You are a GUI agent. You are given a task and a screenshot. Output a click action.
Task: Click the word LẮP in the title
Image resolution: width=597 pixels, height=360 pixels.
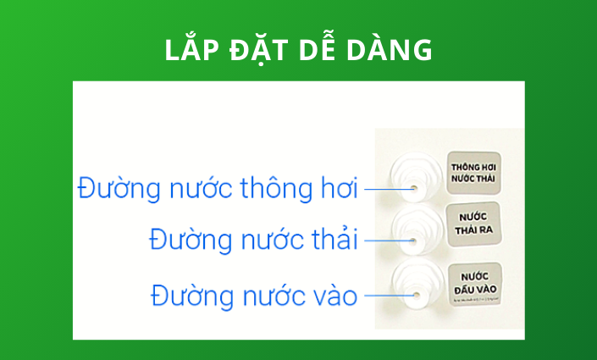[191, 50]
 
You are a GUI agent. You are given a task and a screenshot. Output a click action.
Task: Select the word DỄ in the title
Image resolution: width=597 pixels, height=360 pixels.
[321, 50]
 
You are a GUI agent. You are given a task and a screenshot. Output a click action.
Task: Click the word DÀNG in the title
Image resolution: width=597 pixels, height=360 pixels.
[394, 50]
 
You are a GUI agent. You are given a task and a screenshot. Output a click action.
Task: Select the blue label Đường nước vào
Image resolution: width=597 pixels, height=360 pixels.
[254, 296]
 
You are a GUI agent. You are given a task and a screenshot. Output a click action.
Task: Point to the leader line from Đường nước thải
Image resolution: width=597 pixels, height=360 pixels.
[386, 241]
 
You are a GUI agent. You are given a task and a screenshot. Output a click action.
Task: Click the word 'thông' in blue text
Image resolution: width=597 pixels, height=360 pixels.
[276, 188]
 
